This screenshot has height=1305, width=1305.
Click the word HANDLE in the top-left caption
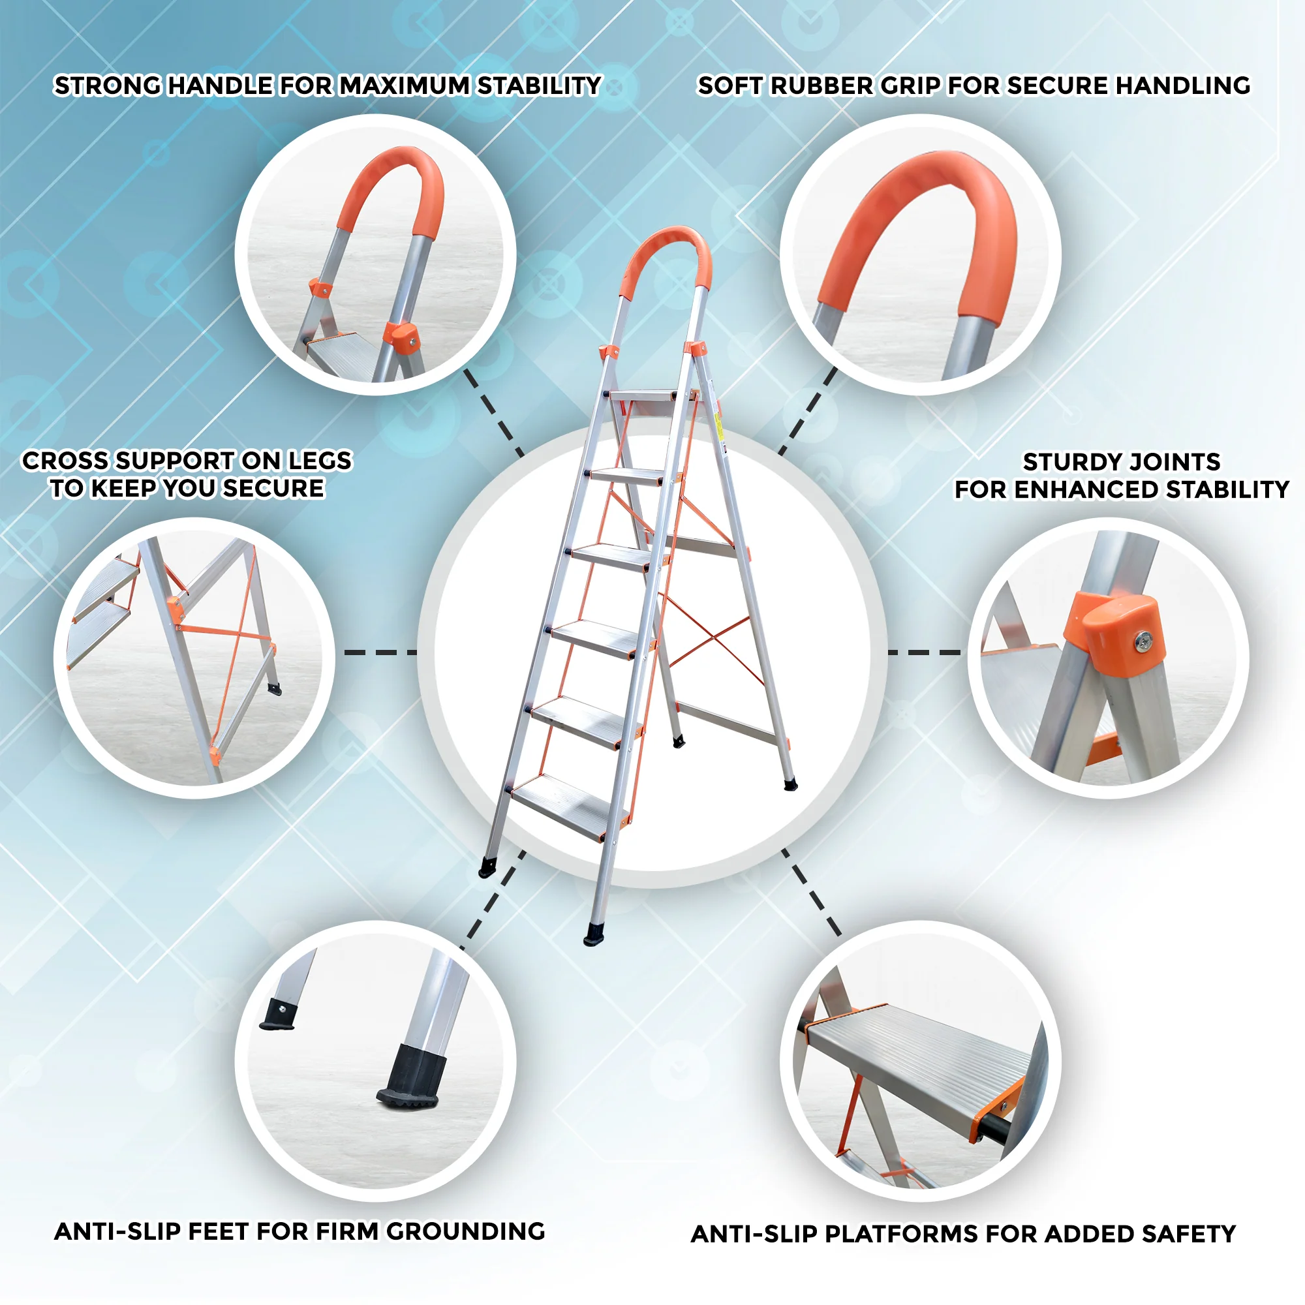pyautogui.click(x=219, y=85)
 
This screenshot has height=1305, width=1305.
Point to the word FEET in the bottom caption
pyautogui.click(x=218, y=1231)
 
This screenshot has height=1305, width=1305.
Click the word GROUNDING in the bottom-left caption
pyautogui.click(x=465, y=1231)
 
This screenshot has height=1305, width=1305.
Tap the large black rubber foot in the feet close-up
pyautogui.click(x=408, y=1079)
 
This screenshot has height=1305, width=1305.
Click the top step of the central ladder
pyautogui.click(x=643, y=396)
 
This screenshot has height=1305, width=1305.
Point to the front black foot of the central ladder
pyautogui.click(x=594, y=933)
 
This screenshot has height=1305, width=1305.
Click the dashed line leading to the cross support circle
pyautogui.click(x=381, y=652)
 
